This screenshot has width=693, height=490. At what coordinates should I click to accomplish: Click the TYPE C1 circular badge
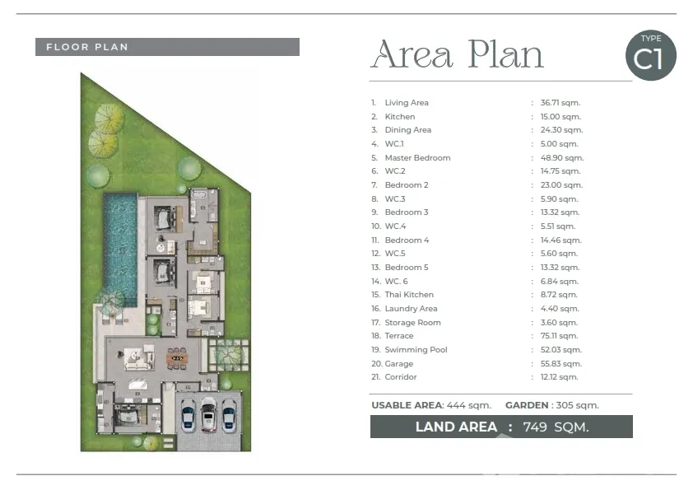650,55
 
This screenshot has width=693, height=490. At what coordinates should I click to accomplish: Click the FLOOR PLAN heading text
87,47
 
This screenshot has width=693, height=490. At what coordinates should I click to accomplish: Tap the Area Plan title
457,54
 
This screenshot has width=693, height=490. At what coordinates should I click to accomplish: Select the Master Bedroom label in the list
417,157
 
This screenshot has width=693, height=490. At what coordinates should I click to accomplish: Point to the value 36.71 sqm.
560,103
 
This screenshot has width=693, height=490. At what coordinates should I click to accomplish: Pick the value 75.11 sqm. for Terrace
559,336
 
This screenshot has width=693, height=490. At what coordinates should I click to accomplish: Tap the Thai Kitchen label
409,295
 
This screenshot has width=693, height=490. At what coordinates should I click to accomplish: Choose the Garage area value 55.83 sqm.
560,363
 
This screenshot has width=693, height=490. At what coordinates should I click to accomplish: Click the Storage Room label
412,322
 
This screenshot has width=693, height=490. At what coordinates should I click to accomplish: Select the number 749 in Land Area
535,427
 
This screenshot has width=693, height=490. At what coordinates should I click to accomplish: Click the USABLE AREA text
407,405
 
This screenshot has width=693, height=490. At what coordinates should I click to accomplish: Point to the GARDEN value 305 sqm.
577,405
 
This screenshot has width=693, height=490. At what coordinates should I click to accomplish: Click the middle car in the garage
208,414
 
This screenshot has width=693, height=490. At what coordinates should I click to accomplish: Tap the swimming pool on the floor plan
120,250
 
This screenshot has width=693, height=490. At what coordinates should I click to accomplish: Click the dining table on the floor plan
177,357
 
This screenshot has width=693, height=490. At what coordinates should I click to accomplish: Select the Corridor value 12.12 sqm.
559,377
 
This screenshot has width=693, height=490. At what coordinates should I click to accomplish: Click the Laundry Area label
411,308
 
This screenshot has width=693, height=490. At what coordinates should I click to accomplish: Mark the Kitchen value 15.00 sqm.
560,117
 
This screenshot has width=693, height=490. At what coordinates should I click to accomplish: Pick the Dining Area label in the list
408,129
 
